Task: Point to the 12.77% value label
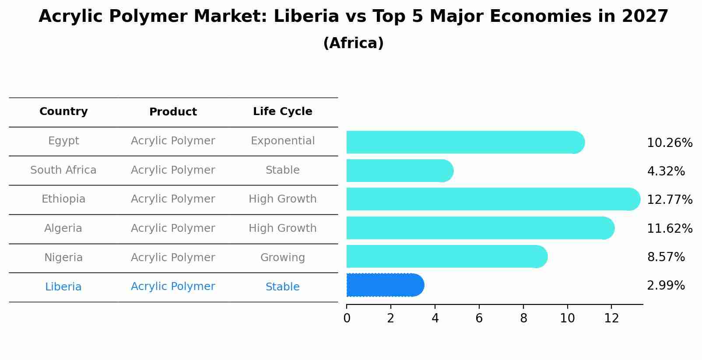coord(669,200)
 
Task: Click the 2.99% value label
coord(666,286)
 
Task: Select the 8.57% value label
coord(666,257)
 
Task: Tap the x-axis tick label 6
coord(479,318)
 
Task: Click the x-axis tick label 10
coord(567,318)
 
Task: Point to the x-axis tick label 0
coord(347,318)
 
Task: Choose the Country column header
coord(63,112)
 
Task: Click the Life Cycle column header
coord(282,112)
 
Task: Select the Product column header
coord(173,112)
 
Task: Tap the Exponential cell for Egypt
coord(282,141)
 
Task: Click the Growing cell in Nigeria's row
coord(282,258)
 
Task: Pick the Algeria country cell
coord(63,228)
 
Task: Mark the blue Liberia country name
coord(63,287)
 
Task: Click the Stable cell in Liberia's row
coord(282,287)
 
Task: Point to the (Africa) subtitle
coord(353,43)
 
